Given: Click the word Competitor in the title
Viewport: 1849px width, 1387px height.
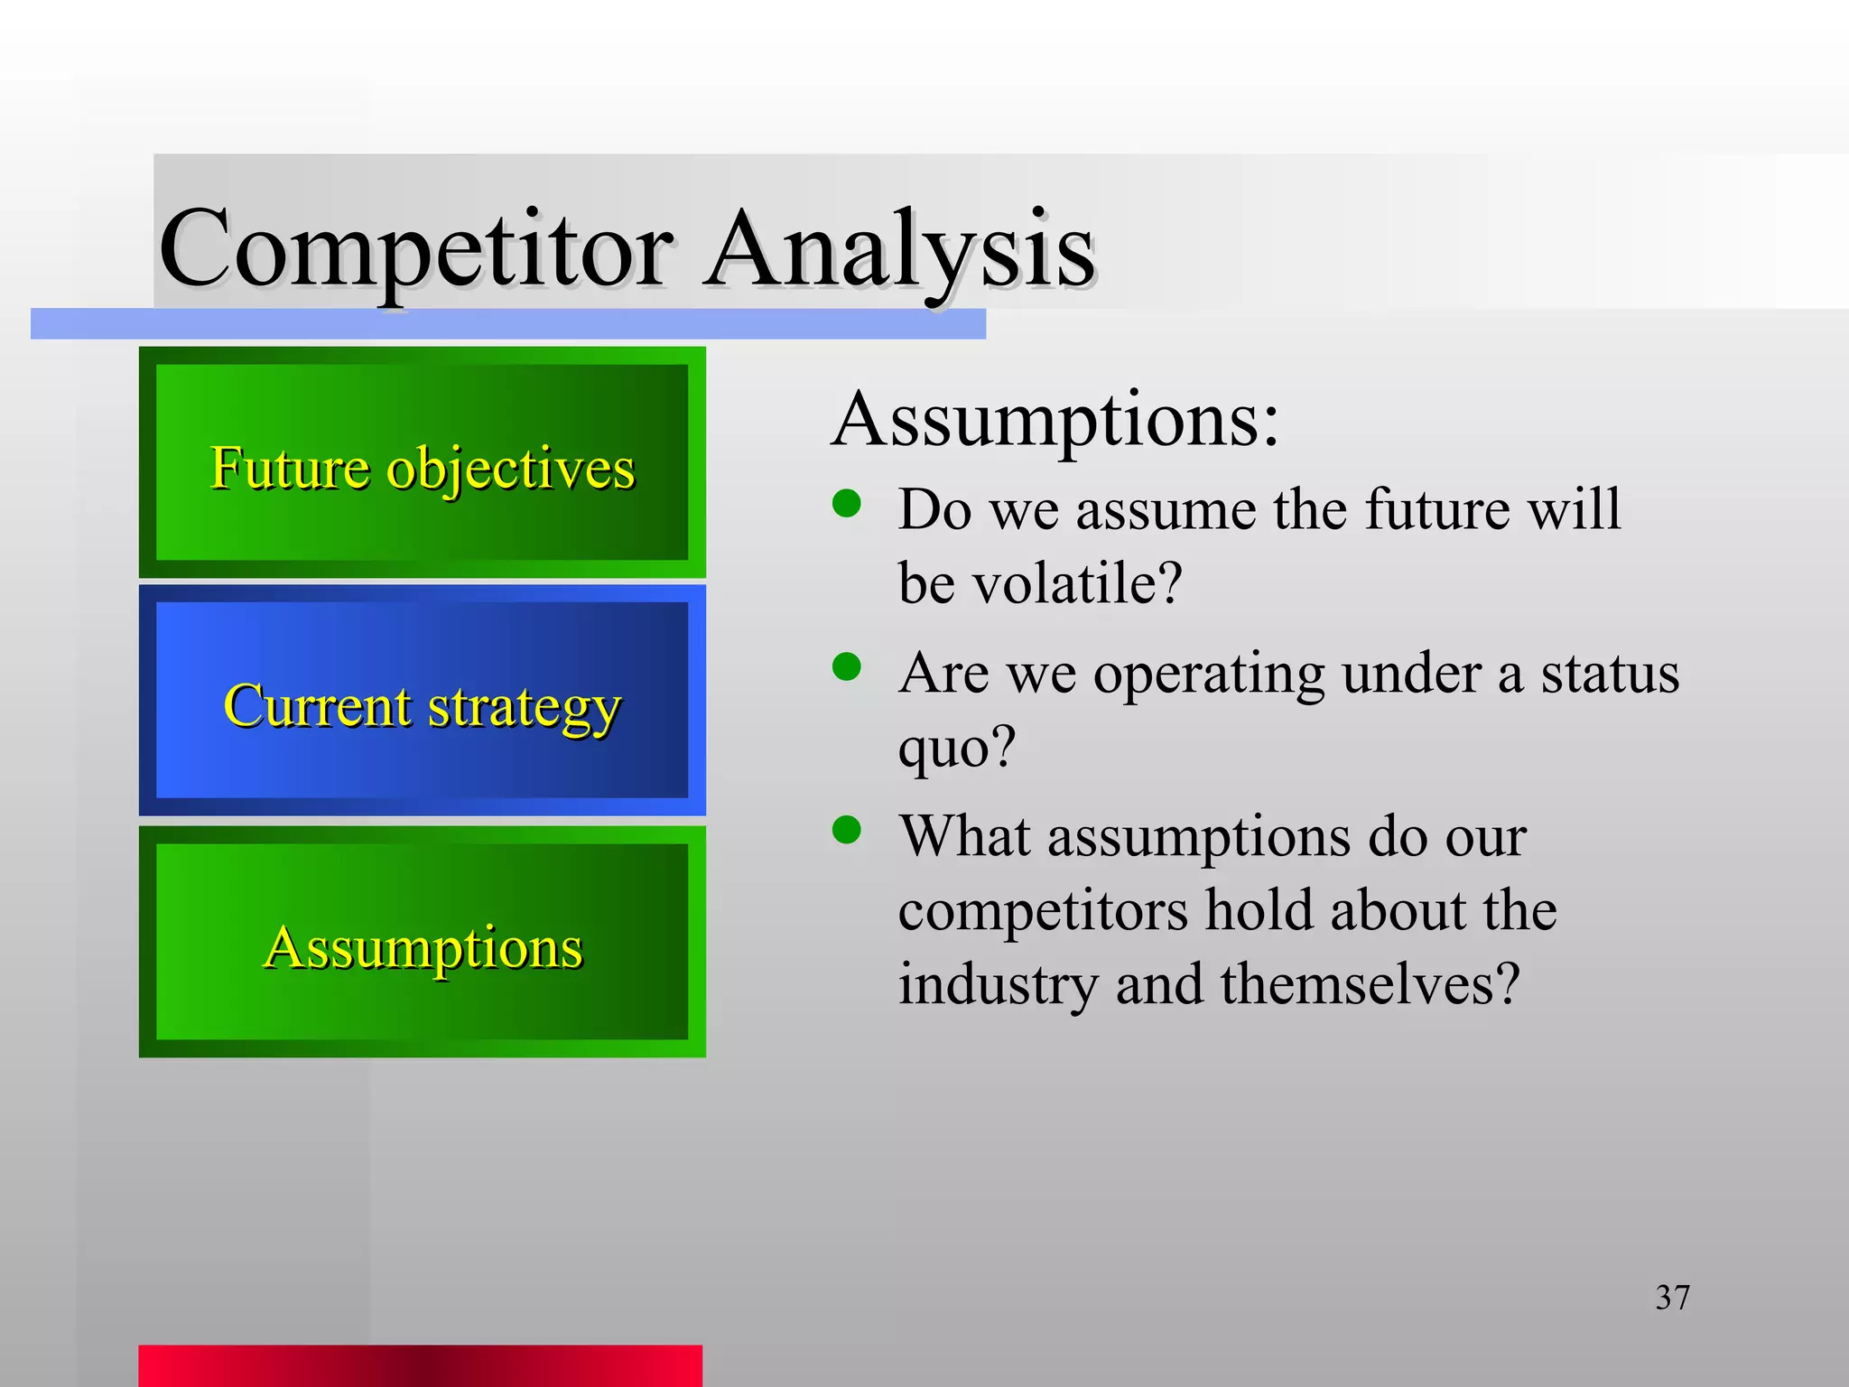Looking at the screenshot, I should click(x=415, y=249).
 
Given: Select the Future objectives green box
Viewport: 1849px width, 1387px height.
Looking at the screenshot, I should click(x=422, y=463).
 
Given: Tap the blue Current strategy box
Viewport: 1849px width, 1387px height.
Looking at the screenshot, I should click(x=422, y=702).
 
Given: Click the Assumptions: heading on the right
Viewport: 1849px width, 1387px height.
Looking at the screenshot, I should click(x=1055, y=419).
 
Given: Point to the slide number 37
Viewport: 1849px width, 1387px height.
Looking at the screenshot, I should click(x=1672, y=1298).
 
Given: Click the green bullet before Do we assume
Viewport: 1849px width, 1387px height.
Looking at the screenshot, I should click(x=847, y=504).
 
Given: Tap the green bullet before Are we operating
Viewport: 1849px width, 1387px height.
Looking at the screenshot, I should click(x=847, y=667).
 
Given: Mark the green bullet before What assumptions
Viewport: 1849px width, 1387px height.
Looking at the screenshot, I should click(x=847, y=829).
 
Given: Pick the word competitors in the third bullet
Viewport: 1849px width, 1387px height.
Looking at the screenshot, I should click(x=1043, y=910).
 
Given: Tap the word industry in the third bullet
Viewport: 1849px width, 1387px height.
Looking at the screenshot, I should click(x=998, y=984).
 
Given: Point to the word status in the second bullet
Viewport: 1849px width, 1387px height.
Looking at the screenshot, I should click(x=1609, y=674).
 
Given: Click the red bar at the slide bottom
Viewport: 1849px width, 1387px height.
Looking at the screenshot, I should click(x=420, y=1366).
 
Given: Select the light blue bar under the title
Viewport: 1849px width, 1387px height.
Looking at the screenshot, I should click(x=507, y=324).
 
